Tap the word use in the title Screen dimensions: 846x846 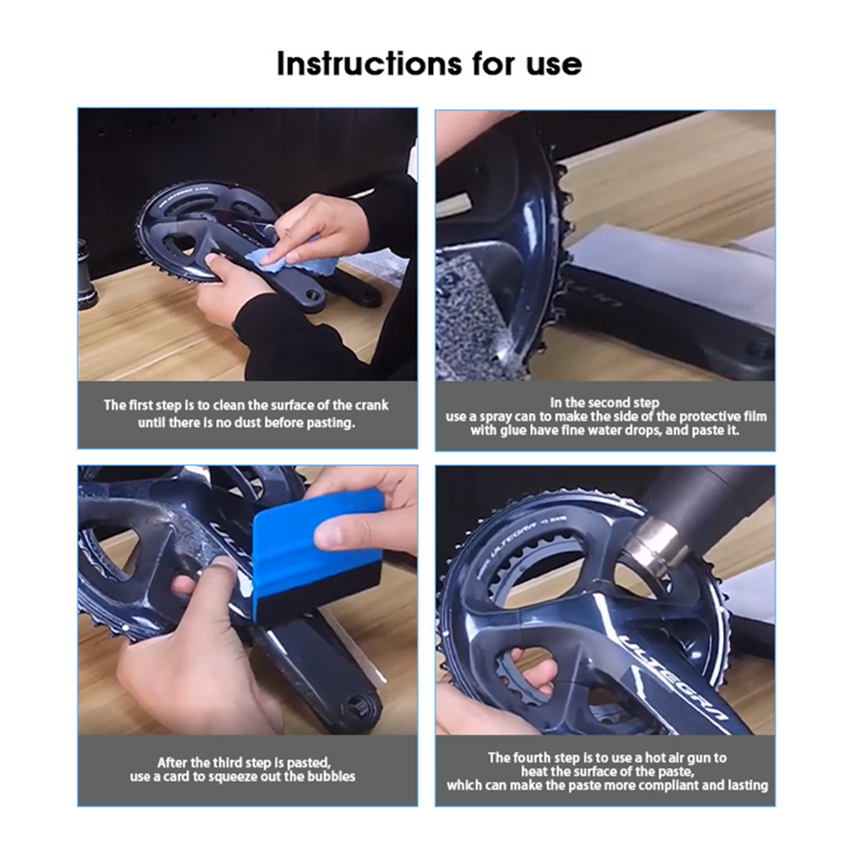(553, 66)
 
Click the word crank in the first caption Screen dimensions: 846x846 (371, 405)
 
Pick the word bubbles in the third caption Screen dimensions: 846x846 (331, 777)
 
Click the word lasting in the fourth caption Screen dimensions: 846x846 (746, 786)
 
